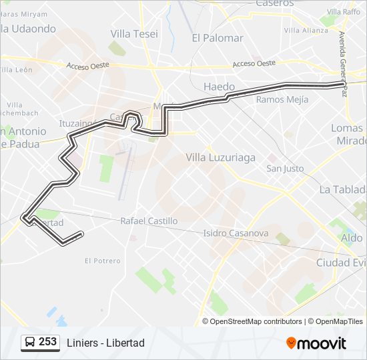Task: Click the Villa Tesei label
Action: [x=134, y=34]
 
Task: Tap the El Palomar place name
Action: [x=217, y=38]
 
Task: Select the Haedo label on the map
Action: [x=219, y=87]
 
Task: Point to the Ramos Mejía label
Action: [x=282, y=99]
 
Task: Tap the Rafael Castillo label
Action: [x=149, y=221]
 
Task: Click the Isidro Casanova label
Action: [x=236, y=233]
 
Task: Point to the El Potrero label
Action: [x=102, y=261]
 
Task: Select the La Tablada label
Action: [x=343, y=189]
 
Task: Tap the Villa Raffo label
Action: [x=344, y=11]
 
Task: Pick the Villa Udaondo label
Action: [x=28, y=29]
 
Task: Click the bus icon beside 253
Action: [x=30, y=343]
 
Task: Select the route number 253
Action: [x=47, y=342]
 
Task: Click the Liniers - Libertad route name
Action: [x=105, y=343]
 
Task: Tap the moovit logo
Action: [x=316, y=343]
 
